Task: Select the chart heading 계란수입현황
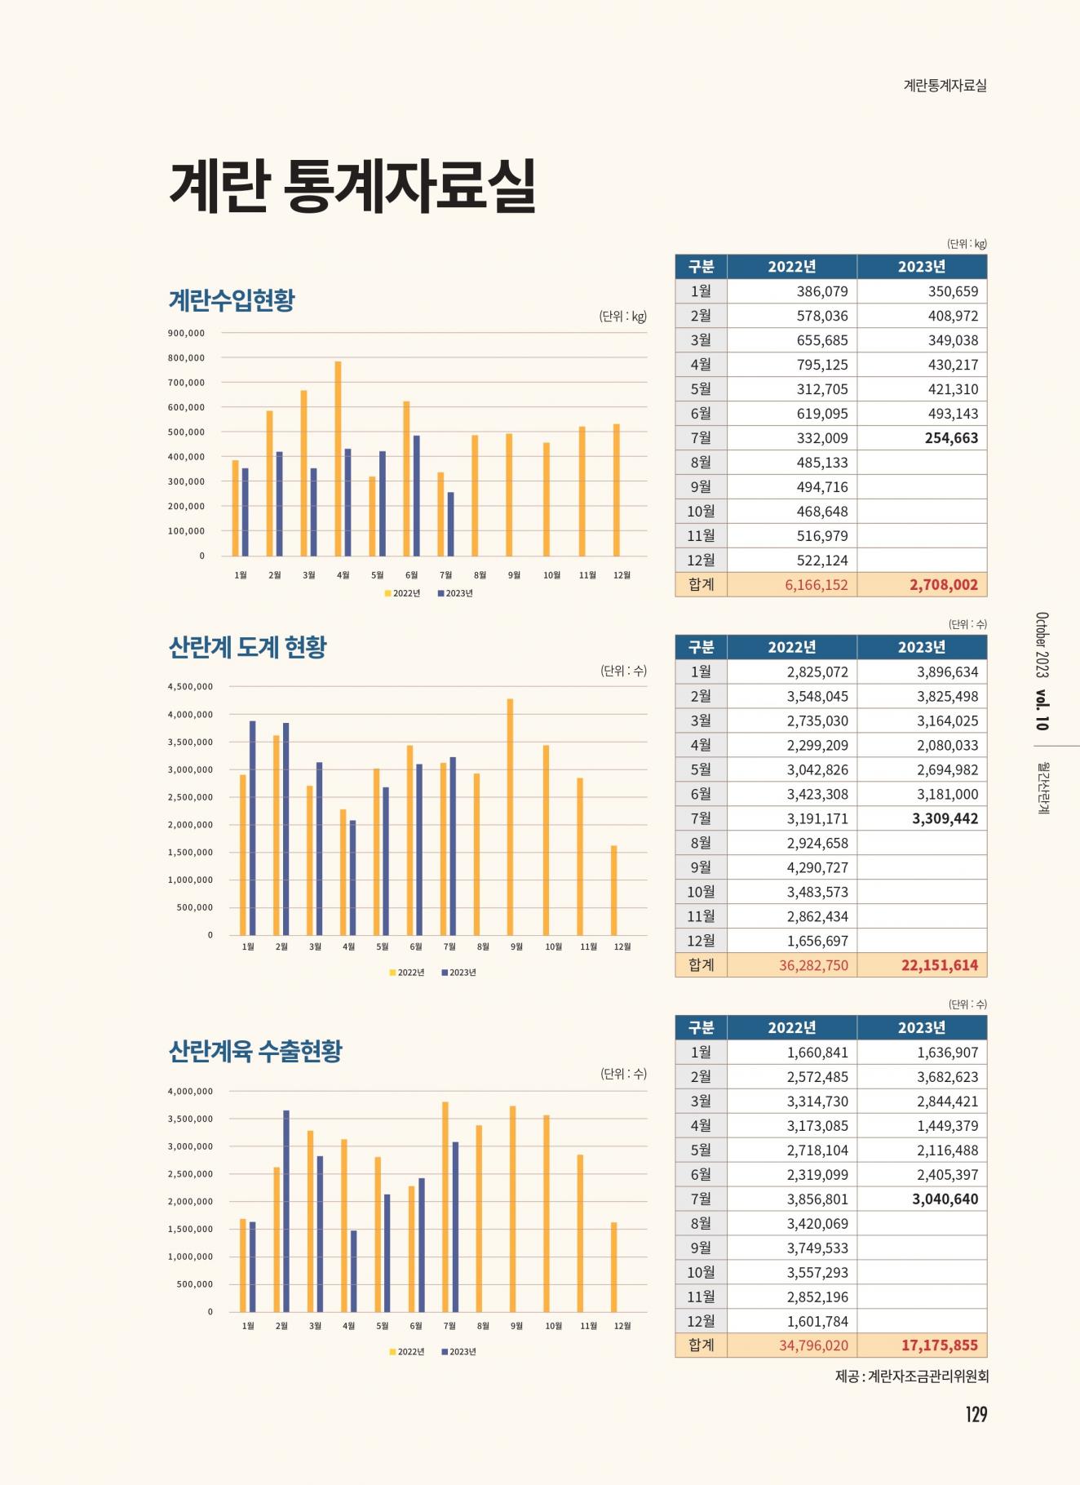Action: tap(231, 300)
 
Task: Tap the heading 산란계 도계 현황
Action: tap(247, 647)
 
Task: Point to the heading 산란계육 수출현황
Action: tap(255, 1051)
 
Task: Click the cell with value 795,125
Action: tap(821, 365)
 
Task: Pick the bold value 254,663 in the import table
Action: tap(951, 438)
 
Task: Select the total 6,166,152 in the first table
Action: tap(816, 585)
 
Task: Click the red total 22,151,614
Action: tap(939, 965)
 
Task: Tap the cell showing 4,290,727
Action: tap(817, 867)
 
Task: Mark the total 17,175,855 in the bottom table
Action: tap(939, 1345)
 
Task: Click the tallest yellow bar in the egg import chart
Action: tap(339, 458)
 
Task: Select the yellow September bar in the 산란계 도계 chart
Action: tap(511, 816)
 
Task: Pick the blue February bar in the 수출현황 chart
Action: tap(286, 1210)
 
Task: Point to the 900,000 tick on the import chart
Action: tap(186, 333)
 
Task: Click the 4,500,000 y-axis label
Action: tap(190, 687)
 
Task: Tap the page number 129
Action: tap(976, 1414)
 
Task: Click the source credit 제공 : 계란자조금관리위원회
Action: tap(911, 1376)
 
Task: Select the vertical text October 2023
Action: tap(1042, 645)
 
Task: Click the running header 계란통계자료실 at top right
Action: tap(945, 85)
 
